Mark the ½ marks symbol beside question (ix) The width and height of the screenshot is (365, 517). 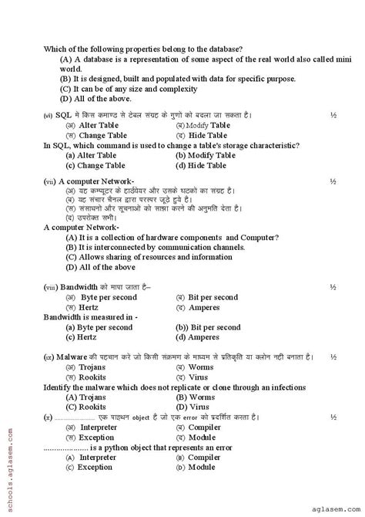click(x=333, y=357)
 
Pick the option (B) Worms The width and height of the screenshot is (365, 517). click(x=195, y=397)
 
